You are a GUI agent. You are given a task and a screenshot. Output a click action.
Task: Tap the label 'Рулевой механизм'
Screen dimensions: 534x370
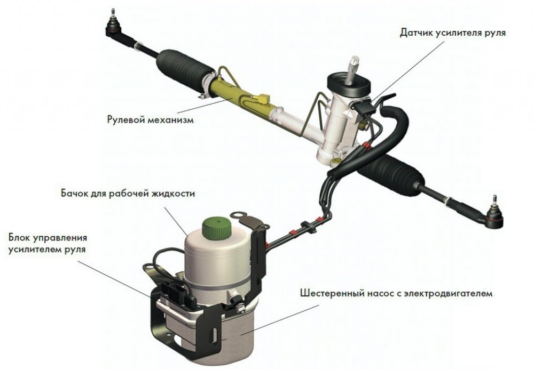[x=150, y=120]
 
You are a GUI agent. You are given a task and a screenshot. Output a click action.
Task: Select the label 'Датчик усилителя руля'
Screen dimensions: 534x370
[x=453, y=33]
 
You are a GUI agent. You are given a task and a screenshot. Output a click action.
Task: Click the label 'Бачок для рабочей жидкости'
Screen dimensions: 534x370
[x=128, y=194]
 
